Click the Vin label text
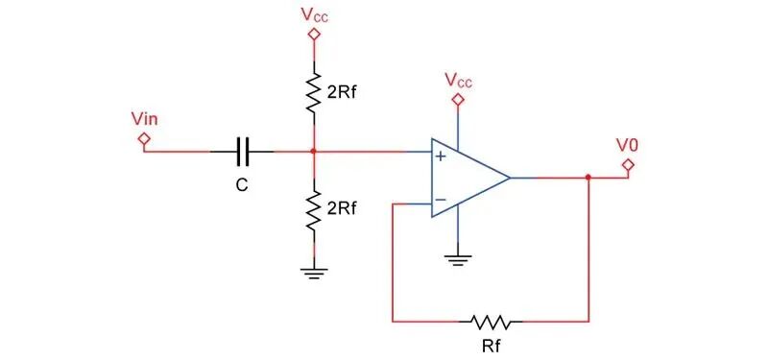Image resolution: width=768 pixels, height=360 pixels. point(145,119)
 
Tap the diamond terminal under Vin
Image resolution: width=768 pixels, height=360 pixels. point(144,138)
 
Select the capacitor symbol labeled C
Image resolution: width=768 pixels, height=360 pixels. point(243,152)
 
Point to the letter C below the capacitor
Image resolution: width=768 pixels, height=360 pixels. point(242,184)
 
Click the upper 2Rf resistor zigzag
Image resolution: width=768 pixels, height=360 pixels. point(314,92)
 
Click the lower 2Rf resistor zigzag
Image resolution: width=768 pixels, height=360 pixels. point(314,210)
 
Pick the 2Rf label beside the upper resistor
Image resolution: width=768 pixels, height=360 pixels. point(340,93)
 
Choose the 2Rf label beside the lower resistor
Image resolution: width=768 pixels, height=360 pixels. point(340,208)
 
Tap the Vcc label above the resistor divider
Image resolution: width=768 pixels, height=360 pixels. point(315,15)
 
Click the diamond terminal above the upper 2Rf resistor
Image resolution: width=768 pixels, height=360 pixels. point(314,35)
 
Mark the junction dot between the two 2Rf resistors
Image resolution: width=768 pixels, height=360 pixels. point(314,152)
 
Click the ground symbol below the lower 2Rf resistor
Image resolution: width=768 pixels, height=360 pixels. point(314,273)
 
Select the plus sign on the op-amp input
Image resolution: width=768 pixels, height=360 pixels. point(441,156)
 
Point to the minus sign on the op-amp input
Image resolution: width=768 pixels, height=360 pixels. point(441,200)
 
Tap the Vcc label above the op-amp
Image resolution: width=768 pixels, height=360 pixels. point(459,81)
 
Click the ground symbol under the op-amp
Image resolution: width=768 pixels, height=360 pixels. point(458,259)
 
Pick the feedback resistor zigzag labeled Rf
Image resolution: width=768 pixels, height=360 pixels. point(491,322)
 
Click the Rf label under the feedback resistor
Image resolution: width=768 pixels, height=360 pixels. point(492,347)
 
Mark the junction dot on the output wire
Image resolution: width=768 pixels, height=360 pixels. point(588,178)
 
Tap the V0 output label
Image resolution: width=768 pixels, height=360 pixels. point(628,145)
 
